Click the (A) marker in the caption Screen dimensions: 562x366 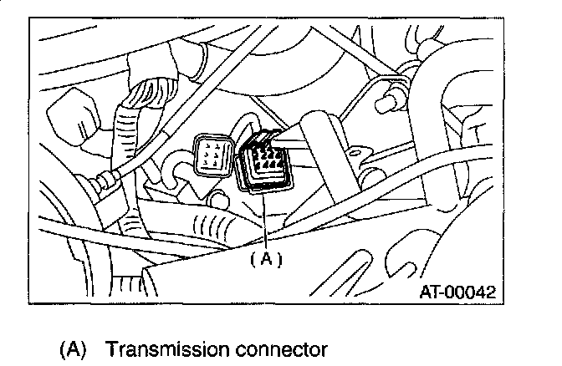pyautogui.click(x=74, y=348)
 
